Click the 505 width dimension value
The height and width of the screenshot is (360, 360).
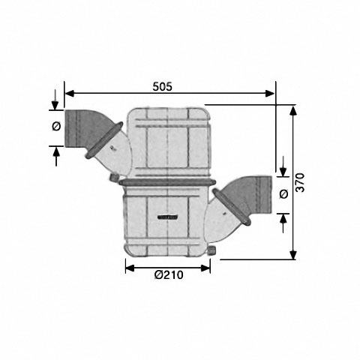point(163,87)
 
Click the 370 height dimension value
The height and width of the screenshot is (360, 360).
point(300,182)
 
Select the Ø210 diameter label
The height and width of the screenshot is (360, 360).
point(169,275)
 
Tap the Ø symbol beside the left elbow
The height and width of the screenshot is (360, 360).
point(56,126)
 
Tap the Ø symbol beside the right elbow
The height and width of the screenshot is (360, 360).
point(283,193)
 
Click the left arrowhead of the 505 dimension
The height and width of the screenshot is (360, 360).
point(70,94)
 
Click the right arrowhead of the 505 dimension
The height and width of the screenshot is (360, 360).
point(270,94)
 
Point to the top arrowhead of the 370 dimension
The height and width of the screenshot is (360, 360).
point(293,110)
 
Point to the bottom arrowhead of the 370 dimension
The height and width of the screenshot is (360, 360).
point(293,255)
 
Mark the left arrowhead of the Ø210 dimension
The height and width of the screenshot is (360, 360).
point(130,268)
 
